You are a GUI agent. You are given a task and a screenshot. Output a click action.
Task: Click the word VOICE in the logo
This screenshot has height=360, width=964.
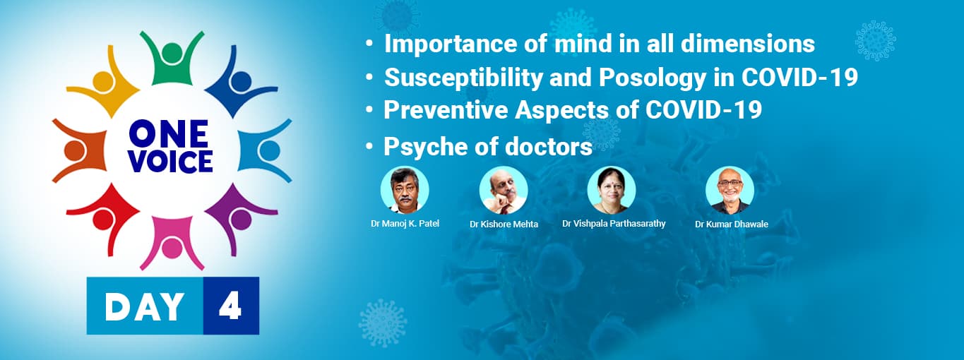click(170, 162)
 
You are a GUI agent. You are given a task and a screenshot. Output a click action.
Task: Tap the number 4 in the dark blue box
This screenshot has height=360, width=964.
click(230, 306)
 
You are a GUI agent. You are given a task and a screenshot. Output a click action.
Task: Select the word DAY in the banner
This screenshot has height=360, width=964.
click(145, 306)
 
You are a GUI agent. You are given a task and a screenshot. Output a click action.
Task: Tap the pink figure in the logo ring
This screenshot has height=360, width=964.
click(172, 244)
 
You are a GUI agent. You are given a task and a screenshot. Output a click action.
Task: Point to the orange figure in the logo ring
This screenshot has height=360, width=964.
click(78, 150)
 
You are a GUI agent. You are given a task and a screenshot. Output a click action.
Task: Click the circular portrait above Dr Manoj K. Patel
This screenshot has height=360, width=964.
click(405, 190)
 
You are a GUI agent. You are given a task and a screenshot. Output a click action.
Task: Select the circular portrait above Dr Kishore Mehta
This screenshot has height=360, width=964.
click(504, 190)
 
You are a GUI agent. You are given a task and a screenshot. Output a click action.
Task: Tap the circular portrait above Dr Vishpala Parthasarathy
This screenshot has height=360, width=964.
click(612, 190)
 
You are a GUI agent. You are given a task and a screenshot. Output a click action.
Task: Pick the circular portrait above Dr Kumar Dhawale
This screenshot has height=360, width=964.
click(730, 190)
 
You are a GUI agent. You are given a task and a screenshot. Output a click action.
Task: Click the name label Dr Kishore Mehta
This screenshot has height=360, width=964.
click(504, 224)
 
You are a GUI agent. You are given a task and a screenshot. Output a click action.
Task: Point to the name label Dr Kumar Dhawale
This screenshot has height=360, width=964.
click(731, 224)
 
